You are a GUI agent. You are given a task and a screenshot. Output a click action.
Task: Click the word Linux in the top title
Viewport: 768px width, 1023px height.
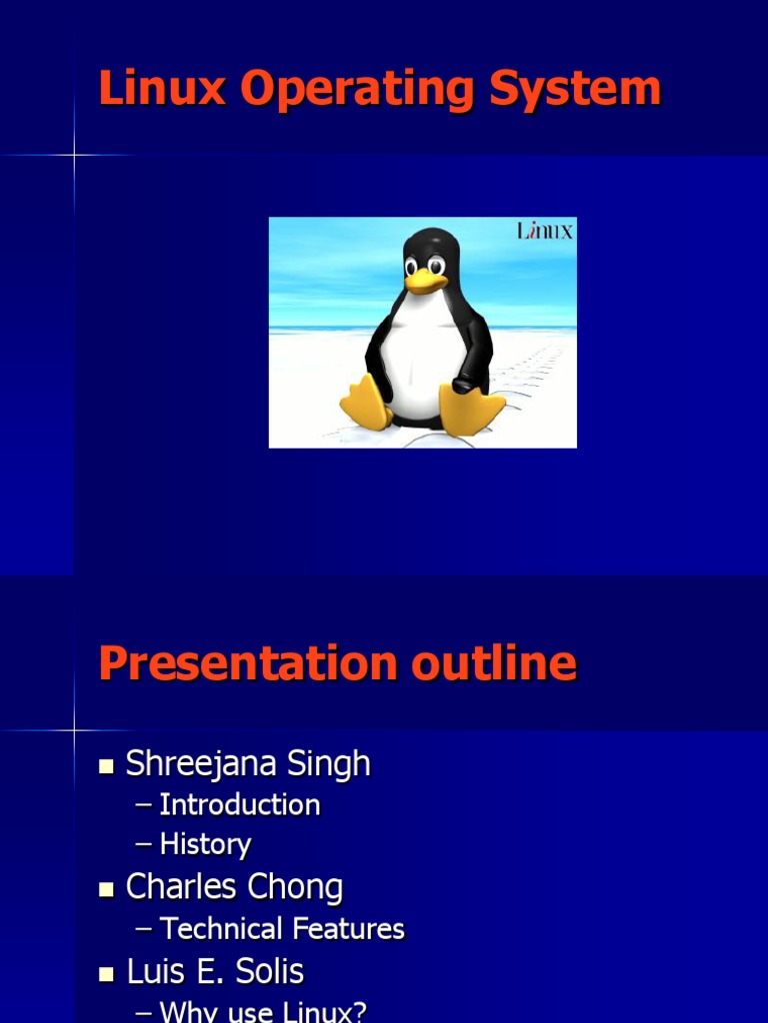pyautogui.click(x=163, y=89)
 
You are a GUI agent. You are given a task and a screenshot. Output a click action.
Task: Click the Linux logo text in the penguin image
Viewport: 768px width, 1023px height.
pyautogui.click(x=545, y=231)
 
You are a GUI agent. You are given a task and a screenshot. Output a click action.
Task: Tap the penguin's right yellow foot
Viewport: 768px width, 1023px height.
pyautogui.click(x=471, y=409)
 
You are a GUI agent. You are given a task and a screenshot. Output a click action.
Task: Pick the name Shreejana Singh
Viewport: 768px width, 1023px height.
pyautogui.click(x=248, y=764)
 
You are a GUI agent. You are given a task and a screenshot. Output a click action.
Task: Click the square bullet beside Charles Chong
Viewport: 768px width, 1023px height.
pyautogui.click(x=106, y=889)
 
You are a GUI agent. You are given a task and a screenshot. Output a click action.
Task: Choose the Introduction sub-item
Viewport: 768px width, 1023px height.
pyautogui.click(x=240, y=805)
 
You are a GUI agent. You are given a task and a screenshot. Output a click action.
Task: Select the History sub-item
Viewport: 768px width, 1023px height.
pyautogui.click(x=205, y=845)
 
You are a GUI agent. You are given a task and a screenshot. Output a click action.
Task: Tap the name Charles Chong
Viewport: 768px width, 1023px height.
pyautogui.click(x=234, y=887)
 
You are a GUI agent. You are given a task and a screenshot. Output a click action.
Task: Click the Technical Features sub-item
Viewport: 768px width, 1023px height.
pyautogui.click(x=282, y=929)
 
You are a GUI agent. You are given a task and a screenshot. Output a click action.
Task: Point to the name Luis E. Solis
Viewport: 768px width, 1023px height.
pyautogui.click(x=215, y=971)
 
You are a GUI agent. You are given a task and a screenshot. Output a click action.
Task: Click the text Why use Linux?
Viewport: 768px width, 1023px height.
pyautogui.click(x=263, y=1011)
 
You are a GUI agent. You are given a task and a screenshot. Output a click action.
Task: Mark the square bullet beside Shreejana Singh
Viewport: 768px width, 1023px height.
pyautogui.click(x=106, y=766)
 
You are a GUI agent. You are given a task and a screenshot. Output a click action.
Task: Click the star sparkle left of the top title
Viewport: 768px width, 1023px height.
pyautogui.click(x=74, y=155)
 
